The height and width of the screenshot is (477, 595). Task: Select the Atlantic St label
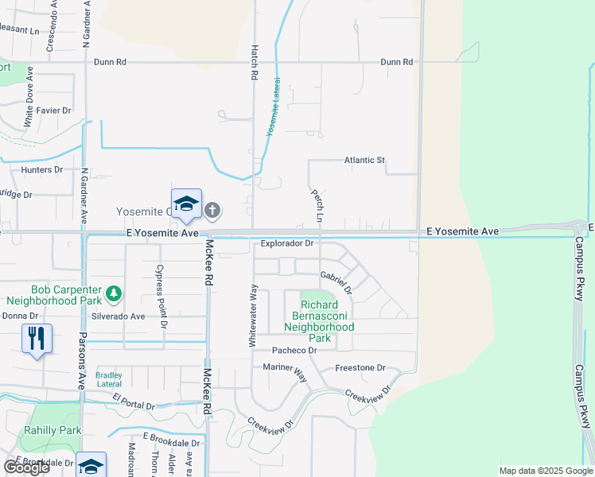(364, 161)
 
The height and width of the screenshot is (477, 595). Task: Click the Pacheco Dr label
(294, 351)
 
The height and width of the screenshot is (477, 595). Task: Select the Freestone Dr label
(360, 368)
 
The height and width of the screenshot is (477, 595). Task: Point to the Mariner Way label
(286, 368)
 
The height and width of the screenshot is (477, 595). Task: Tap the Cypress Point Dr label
(161, 297)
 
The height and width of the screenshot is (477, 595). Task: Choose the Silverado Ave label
(119, 316)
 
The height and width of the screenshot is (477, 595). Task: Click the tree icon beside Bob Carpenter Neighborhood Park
(114, 293)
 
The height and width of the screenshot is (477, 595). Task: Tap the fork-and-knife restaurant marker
(37, 339)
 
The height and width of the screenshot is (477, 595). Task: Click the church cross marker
(212, 211)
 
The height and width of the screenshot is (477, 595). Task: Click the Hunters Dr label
(42, 170)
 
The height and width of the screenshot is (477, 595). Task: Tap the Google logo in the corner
(26, 467)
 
